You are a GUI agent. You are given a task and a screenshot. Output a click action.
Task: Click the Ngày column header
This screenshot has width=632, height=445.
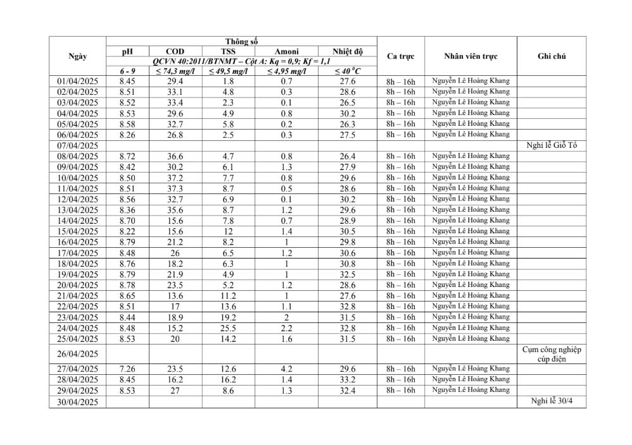77,56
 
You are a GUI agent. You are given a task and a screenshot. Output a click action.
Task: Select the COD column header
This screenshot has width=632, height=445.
175,51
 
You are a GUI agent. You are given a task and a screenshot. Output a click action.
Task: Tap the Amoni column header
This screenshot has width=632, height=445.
286,51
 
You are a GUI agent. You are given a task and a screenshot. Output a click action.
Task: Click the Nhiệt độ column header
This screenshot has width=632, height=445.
347,51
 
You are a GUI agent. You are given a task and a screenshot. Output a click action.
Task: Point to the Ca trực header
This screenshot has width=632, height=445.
400,56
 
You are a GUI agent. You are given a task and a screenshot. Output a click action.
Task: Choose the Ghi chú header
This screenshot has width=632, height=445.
551,56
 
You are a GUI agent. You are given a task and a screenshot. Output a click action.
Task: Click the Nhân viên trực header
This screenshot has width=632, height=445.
471,56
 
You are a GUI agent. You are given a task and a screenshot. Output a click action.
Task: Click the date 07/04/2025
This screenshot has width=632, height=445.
77,145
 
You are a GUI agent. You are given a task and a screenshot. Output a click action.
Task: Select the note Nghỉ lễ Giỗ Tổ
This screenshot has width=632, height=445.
551,145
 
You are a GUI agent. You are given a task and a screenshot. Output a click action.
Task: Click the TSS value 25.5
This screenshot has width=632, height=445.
228,327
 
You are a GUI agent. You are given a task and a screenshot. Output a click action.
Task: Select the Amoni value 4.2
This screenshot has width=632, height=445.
286,369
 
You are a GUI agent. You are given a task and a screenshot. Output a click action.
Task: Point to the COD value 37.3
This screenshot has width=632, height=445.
175,188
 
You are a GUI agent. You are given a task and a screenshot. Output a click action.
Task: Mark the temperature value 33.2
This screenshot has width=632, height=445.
347,380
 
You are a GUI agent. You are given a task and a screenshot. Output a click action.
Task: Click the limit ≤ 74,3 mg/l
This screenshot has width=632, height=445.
175,71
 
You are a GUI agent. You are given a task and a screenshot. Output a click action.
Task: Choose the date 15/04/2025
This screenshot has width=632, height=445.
77,231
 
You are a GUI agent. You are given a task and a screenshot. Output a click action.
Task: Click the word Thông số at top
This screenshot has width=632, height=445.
241,42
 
